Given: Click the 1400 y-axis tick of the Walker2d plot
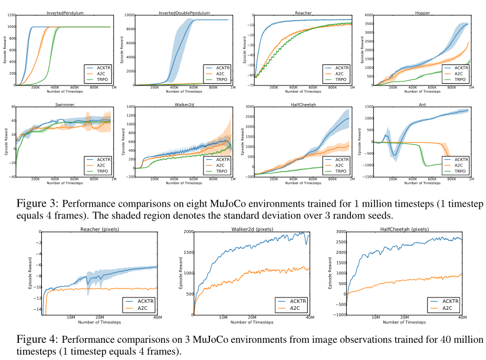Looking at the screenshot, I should tap(130, 107).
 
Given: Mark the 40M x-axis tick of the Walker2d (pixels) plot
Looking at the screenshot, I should tap(310, 318).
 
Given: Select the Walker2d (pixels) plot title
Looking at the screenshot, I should tap(252, 228).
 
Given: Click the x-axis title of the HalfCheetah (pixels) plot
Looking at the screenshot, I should tap(403, 323).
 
